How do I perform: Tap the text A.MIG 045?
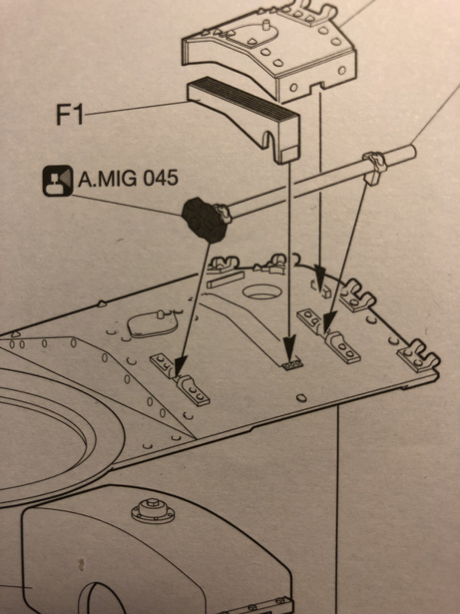pyautogui.click(x=128, y=180)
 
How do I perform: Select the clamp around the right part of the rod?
pyautogui.click(x=373, y=166)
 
